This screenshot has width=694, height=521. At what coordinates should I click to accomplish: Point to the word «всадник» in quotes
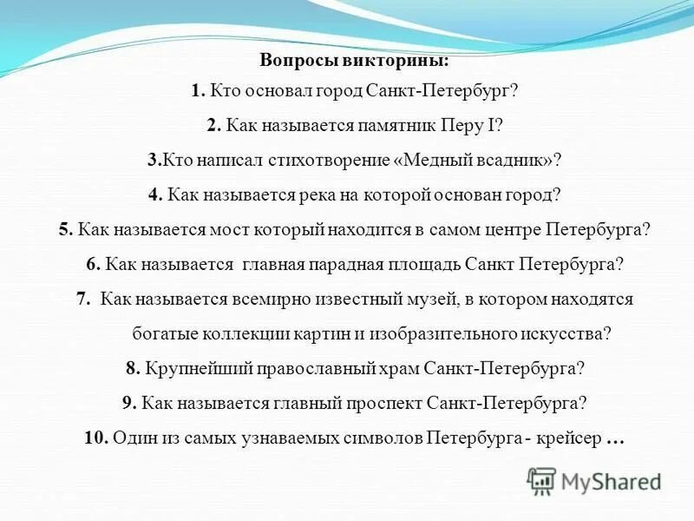click(x=517, y=161)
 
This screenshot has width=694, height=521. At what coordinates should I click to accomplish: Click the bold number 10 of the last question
click(x=95, y=439)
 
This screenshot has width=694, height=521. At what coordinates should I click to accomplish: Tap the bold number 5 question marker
click(x=65, y=230)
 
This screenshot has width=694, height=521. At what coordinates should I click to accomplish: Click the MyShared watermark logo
click(x=594, y=479)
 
